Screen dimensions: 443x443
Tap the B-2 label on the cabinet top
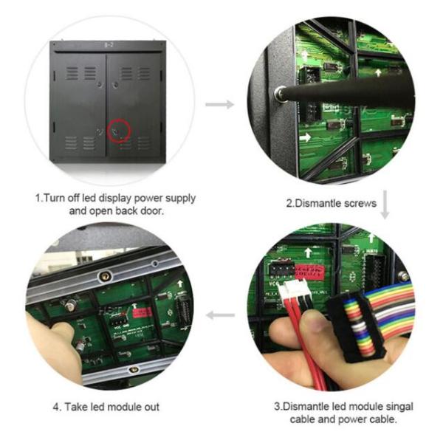click(109, 45)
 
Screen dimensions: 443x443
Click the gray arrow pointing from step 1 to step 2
click(220, 105)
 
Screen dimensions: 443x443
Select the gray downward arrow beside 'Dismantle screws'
click(385, 205)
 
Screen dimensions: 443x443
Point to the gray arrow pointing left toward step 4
click(220, 315)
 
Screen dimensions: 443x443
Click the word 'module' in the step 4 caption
click(125, 407)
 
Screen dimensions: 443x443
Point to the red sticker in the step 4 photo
click(142, 312)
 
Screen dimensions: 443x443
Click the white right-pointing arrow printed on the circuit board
click(305, 138)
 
